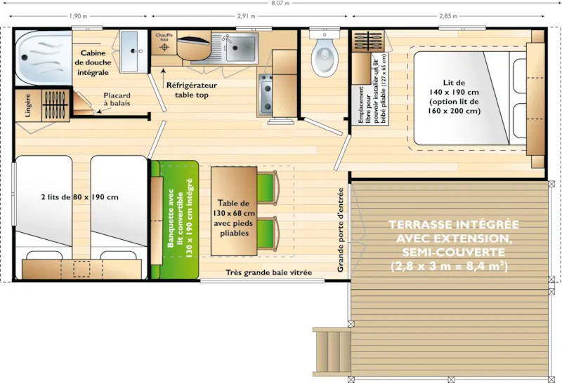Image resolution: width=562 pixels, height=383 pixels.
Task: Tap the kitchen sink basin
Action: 240,46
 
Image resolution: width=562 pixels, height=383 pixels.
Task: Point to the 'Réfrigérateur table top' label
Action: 192,89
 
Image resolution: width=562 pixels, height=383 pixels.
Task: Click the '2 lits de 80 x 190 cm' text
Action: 79,197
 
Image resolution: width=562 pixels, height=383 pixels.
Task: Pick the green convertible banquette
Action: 176,220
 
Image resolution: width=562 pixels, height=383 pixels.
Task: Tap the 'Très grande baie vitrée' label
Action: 269,273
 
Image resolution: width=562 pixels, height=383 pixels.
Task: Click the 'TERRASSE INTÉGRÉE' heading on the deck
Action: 453,225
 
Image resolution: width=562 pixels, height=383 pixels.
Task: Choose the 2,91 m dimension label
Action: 246,15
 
